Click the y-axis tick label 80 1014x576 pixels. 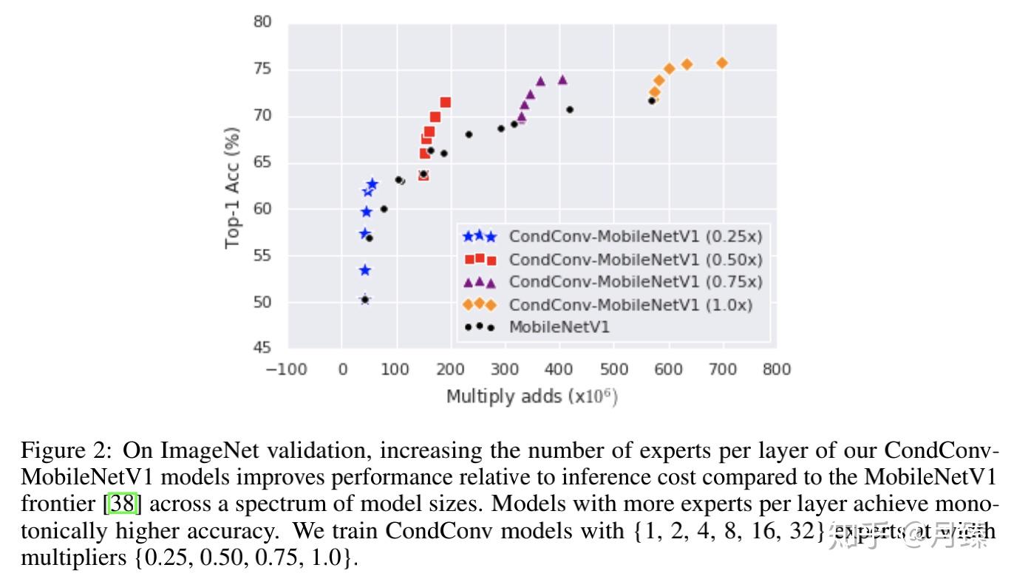(x=262, y=23)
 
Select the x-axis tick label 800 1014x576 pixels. (x=776, y=369)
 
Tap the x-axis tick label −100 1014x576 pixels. (x=286, y=369)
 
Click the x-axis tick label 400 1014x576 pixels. (x=559, y=369)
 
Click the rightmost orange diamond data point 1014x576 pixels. (x=722, y=63)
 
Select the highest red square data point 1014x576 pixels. (x=445, y=103)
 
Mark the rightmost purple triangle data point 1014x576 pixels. (x=562, y=80)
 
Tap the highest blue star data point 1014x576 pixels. (x=372, y=184)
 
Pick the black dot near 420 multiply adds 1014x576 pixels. (x=570, y=110)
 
